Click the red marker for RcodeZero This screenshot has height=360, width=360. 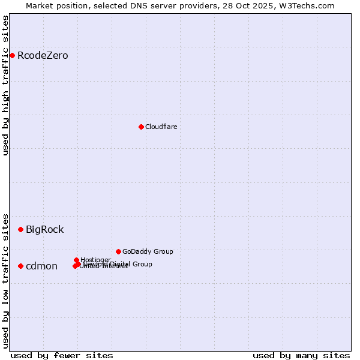coord(12,56)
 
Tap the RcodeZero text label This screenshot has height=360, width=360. coord(43,56)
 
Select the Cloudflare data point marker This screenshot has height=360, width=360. coord(141,127)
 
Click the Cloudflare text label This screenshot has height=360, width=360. coord(161,127)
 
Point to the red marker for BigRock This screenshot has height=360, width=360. coord(20,230)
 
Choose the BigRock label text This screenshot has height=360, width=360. coord(44,230)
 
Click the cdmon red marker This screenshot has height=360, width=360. coord(20,266)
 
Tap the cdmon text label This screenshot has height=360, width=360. coord(41,266)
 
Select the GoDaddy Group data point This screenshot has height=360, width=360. coord(118,251)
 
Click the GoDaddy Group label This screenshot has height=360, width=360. coord(148,251)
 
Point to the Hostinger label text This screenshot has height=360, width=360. coord(95,260)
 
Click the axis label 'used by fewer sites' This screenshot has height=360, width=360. coord(62,355)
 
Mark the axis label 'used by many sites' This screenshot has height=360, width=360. coord(301,355)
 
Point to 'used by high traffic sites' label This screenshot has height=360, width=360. coord(5,85)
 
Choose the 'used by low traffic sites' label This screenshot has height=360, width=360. coord(5,280)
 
